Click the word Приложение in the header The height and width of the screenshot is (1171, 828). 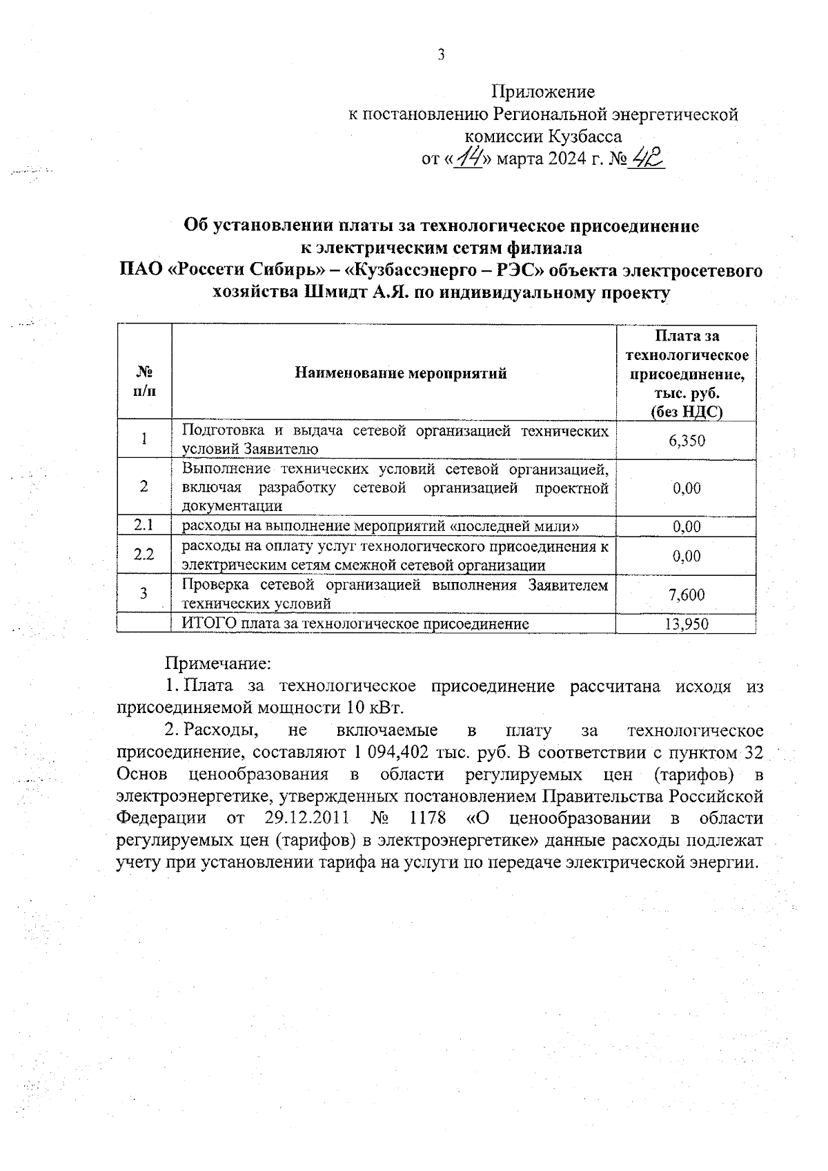click(542, 92)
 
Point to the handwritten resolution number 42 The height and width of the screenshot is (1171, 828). click(647, 160)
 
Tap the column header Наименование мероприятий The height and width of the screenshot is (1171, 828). click(401, 373)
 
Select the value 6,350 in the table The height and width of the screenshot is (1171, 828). click(687, 440)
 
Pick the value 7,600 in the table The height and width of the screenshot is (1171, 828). click(687, 594)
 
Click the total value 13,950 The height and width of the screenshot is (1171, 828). click(687, 625)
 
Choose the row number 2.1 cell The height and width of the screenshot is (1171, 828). click(144, 526)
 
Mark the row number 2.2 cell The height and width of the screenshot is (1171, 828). click(144, 554)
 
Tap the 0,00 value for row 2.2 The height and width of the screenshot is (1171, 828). click(687, 556)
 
